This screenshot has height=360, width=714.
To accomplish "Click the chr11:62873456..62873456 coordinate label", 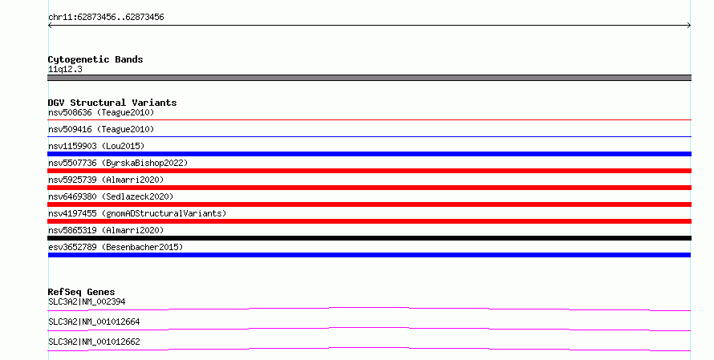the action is (x=106, y=18).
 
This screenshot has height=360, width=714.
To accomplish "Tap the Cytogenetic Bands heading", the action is (x=95, y=59).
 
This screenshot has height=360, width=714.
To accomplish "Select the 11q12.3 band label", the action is (x=65, y=69).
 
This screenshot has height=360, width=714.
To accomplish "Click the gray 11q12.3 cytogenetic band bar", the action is (x=369, y=78).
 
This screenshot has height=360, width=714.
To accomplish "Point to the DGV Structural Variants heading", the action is (x=112, y=103).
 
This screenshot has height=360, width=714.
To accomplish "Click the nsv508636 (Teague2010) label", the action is (x=101, y=112).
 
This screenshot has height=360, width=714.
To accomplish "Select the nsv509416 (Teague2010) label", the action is (x=101, y=129).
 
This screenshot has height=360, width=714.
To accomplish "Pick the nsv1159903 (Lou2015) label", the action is (x=96, y=146).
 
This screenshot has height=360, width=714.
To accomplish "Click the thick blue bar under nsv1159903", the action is (x=369, y=154).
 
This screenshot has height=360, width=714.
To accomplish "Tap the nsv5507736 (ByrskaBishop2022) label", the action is (x=118, y=163).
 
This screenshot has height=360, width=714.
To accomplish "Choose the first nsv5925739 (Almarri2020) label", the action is (x=106, y=180).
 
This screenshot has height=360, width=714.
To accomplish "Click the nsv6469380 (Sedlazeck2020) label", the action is (x=111, y=196).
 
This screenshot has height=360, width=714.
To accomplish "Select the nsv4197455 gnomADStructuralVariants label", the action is (x=137, y=213).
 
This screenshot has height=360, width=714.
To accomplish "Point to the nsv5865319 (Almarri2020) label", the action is (x=106, y=230).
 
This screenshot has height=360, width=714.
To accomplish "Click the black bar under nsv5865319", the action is (x=369, y=238).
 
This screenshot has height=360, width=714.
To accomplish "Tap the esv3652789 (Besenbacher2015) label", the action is (x=116, y=247).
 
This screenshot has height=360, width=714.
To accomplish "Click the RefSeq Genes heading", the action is (x=82, y=292).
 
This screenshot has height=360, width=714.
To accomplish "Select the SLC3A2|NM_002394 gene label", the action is (x=87, y=301).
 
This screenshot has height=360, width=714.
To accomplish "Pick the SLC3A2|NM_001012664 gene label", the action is (x=94, y=322).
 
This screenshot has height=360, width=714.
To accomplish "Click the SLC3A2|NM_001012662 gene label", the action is (x=94, y=342).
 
